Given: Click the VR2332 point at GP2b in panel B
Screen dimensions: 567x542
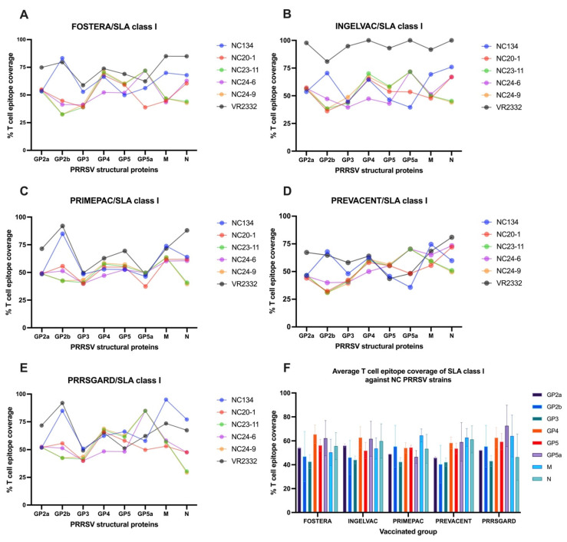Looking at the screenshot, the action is pos(327,61).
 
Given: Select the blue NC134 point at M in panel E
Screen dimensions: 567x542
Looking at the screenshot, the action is pos(166,400).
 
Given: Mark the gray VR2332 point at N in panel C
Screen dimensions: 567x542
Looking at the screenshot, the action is pos(186,230).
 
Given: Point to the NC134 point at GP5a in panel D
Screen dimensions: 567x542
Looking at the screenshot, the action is pos(410,287).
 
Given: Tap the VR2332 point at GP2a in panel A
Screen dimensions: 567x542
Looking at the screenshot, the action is pos(41,68).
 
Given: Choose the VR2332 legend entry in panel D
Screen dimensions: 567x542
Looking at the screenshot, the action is pos(503,283).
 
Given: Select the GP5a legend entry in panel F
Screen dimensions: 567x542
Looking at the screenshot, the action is pos(547,454).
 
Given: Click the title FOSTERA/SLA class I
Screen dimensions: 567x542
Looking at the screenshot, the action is pos(114,27).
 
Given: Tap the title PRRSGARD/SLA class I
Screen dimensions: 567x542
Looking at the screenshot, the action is pos(114,380).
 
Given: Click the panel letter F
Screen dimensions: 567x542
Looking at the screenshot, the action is pos(287,368).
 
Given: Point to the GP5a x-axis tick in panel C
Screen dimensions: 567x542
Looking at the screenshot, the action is pos(145,336).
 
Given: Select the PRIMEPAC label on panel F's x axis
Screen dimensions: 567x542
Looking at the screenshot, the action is pos(408,521).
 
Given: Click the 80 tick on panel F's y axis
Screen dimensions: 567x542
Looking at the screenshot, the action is pos(288,417).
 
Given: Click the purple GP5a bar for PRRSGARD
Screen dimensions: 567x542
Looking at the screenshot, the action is pos(506,469).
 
